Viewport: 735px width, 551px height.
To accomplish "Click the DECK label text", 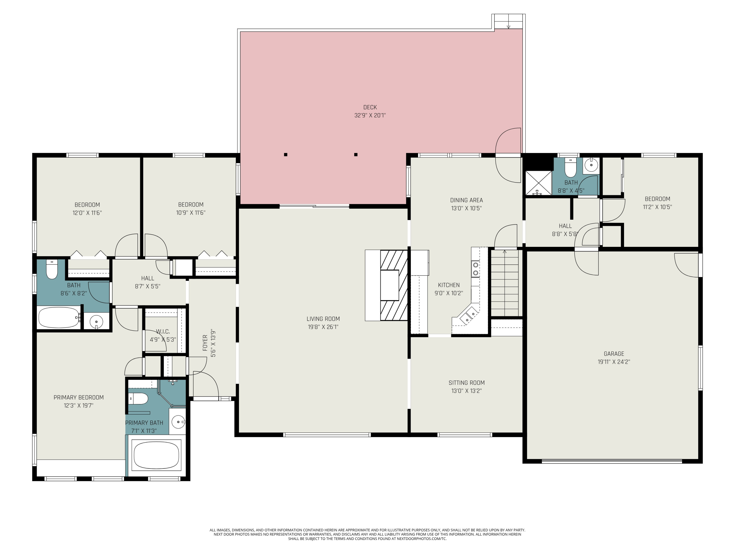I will click(x=370, y=107).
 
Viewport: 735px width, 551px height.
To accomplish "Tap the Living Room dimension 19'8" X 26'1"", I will click(x=323, y=327).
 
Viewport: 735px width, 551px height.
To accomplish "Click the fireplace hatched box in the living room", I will click(x=394, y=285).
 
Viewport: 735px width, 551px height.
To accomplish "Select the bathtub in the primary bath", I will click(x=156, y=455).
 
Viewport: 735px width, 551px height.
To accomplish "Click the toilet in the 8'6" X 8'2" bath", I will click(x=52, y=269).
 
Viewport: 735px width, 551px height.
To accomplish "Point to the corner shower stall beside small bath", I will click(x=538, y=183).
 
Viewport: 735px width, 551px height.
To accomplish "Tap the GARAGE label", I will click(x=614, y=354).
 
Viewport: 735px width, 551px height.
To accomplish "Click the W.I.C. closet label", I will click(x=163, y=332).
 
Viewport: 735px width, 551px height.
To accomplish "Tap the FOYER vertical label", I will click(x=205, y=343).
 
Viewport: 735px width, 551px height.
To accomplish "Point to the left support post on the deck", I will click(x=285, y=155).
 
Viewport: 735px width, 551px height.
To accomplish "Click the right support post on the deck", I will click(x=355, y=155).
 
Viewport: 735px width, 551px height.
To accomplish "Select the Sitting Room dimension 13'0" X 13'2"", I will click(x=466, y=391).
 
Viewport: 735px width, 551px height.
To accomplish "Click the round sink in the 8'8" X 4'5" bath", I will click(x=591, y=165).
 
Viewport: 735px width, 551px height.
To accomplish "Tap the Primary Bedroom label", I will click(x=78, y=397).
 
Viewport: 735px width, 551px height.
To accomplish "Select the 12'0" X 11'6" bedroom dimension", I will click(x=87, y=213).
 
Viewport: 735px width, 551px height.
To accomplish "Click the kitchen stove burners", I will click(x=476, y=269).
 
